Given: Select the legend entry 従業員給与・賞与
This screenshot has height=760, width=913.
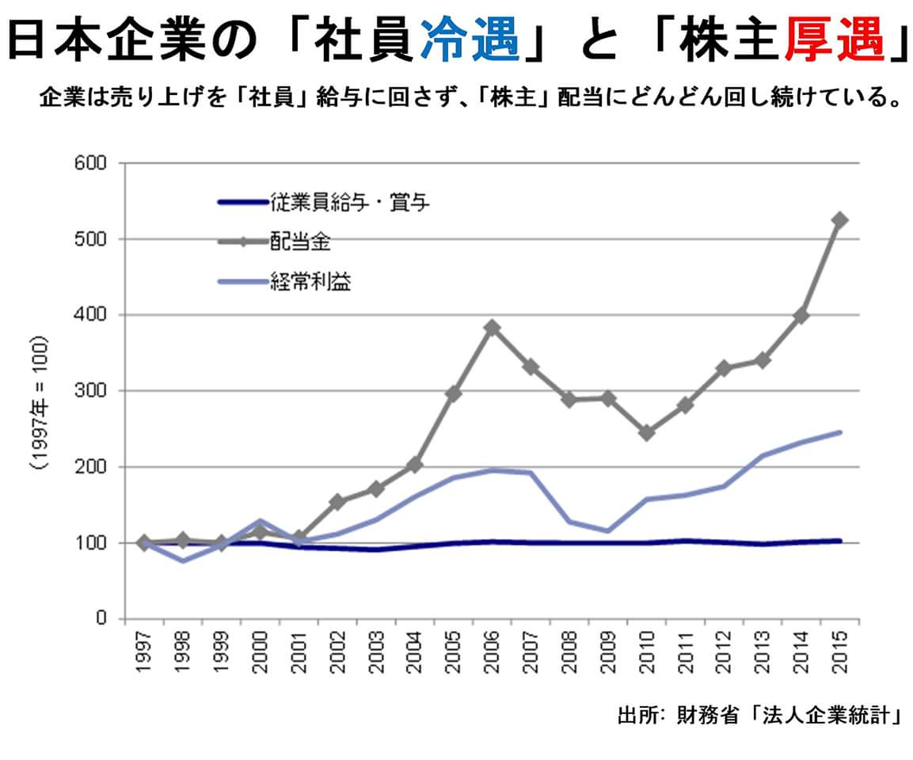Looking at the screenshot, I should click(x=349, y=202).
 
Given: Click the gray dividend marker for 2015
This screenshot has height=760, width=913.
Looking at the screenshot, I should click(x=839, y=220).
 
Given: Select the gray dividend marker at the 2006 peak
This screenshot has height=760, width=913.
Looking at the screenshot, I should click(x=492, y=328).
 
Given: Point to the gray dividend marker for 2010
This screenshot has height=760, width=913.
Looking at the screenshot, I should click(x=646, y=433).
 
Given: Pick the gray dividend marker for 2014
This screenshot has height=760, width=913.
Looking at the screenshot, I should click(x=801, y=315).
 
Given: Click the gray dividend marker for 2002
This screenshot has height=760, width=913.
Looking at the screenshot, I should click(x=337, y=502).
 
